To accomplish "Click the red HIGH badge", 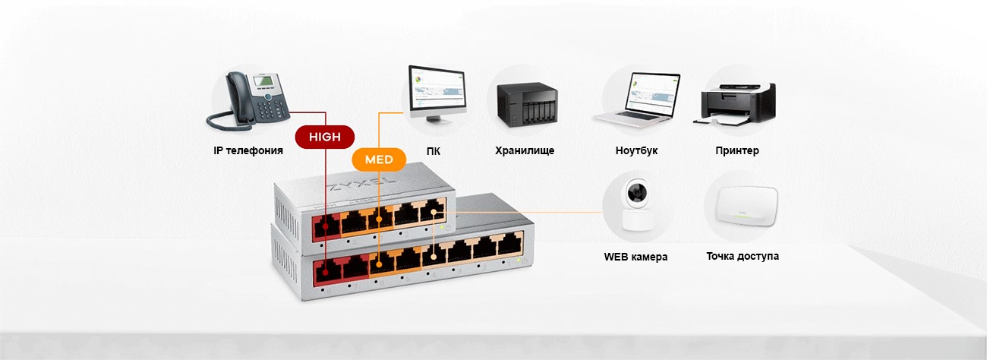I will [325, 137].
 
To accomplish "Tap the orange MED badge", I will [379, 160].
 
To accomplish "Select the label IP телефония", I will [248, 150].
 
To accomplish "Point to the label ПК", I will [434, 151].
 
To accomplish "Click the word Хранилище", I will [525, 150].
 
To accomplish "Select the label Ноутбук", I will [636, 150].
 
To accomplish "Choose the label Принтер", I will [736, 150].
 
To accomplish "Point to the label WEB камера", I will [635, 257].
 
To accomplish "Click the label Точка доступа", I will [742, 256].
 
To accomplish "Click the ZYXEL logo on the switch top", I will [360, 185].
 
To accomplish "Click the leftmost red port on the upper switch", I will [329, 226].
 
